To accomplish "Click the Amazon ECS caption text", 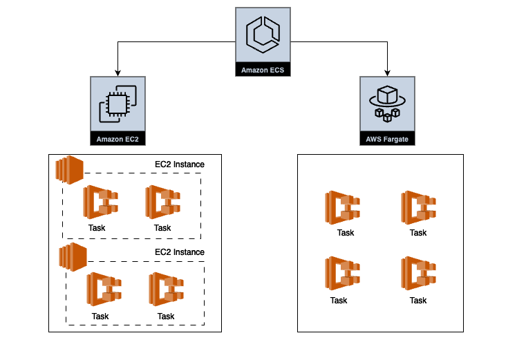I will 263,70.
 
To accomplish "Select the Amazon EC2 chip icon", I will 118,104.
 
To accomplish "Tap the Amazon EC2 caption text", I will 118,140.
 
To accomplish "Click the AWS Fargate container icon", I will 387,104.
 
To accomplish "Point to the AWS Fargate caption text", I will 387,140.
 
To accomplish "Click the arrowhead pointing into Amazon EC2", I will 118,73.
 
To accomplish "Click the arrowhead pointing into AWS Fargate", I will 387,73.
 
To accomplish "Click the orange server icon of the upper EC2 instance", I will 70,169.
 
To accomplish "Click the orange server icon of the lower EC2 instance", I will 73,256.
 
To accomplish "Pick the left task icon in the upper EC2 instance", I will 101,202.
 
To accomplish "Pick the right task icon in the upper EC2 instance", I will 162,202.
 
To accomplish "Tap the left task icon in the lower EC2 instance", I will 104,290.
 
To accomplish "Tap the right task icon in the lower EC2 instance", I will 166,290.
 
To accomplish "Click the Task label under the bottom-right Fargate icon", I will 418,301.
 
